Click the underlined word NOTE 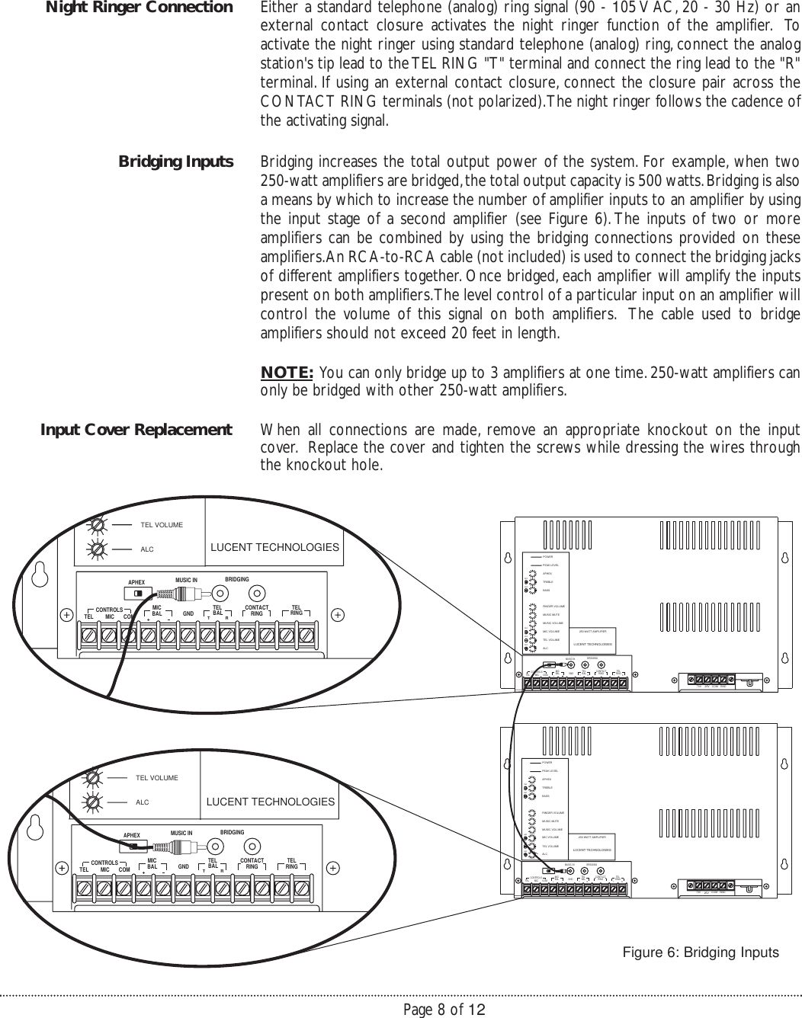click(x=287, y=373)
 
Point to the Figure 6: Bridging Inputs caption click(x=701, y=953)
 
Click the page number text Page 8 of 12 click(x=444, y=1010)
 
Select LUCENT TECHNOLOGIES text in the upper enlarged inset click(x=274, y=548)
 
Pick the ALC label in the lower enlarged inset click(x=142, y=802)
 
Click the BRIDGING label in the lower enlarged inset click(x=232, y=831)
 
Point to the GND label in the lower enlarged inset click(x=183, y=867)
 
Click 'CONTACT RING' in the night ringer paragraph click(x=309, y=102)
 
